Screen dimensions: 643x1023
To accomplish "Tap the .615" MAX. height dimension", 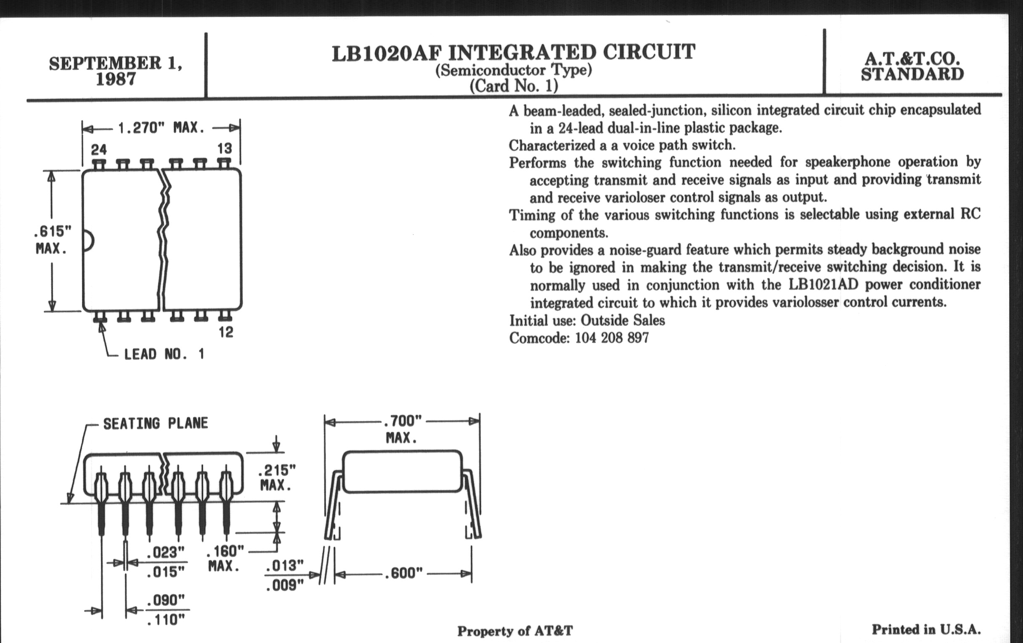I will coord(52,240).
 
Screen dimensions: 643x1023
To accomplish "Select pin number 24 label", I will coord(98,149).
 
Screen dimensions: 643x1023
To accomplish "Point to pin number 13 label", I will coord(224,148).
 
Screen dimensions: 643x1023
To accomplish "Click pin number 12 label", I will coord(225,332).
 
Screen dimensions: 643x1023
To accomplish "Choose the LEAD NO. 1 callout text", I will coord(164,354).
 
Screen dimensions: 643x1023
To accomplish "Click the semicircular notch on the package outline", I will coord(88,241).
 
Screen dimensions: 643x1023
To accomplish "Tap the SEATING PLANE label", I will coord(156,423).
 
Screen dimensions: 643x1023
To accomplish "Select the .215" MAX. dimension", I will coord(276,477).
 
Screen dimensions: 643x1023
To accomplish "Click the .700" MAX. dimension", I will coord(402,429).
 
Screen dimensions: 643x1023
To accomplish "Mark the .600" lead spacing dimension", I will coord(403,573).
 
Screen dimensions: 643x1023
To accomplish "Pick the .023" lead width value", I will coord(165,552).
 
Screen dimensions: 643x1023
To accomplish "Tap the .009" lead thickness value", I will coord(284,585).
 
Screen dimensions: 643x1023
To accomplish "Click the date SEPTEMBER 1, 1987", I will coord(116,71).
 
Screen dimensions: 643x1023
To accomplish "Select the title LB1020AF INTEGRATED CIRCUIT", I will coord(513,53).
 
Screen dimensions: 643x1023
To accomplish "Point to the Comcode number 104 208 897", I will coord(612,338).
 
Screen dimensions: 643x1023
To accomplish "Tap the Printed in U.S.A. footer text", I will coord(926,629).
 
